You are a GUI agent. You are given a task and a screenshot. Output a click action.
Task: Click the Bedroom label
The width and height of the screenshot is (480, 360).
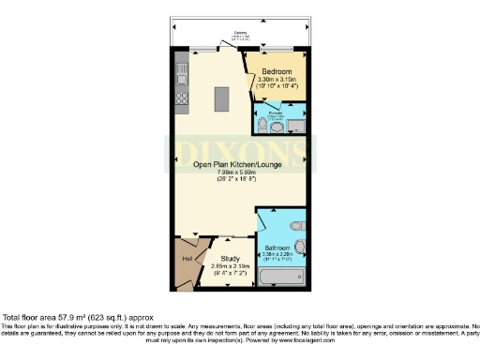277,72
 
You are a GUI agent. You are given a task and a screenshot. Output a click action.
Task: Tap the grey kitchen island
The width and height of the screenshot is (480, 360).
221,97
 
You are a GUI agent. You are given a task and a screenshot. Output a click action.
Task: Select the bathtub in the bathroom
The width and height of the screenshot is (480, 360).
282,278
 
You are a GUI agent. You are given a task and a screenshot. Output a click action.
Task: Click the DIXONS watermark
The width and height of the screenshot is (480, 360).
238,150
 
